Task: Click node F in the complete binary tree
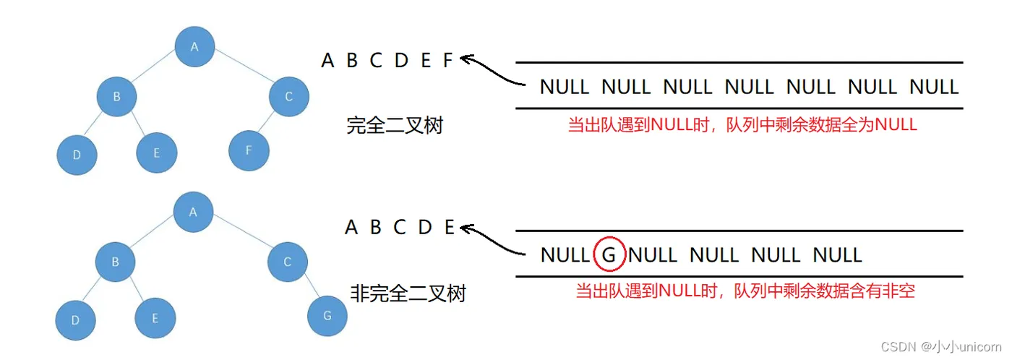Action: click(x=249, y=150)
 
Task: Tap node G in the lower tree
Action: click(x=327, y=315)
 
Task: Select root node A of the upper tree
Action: click(x=194, y=47)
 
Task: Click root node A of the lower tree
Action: click(x=193, y=211)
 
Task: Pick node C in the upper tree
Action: click(x=288, y=96)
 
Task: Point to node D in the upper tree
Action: click(x=77, y=155)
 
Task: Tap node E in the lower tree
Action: click(x=155, y=319)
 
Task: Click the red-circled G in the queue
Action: click(x=609, y=255)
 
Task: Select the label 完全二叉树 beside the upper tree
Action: click(x=395, y=126)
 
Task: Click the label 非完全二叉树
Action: click(x=408, y=293)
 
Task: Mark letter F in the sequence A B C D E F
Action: click(x=447, y=61)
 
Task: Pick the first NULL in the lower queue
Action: click(x=565, y=255)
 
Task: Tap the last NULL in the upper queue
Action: click(x=934, y=87)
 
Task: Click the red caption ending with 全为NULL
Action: click(x=742, y=124)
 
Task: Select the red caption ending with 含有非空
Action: click(x=745, y=291)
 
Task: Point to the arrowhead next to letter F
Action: click(x=466, y=59)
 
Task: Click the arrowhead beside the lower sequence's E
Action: click(x=466, y=229)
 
